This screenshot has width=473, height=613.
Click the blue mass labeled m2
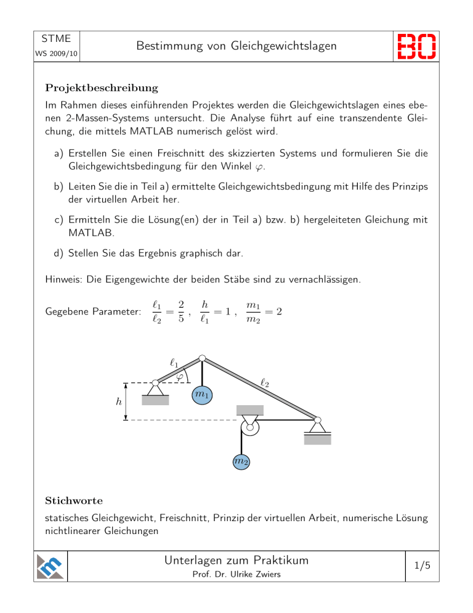pos(241,461)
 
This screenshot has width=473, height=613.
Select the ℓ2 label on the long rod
pos(265,383)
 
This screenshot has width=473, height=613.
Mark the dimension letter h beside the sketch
pos(119,401)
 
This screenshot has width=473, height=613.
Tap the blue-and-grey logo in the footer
pos(51,566)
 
